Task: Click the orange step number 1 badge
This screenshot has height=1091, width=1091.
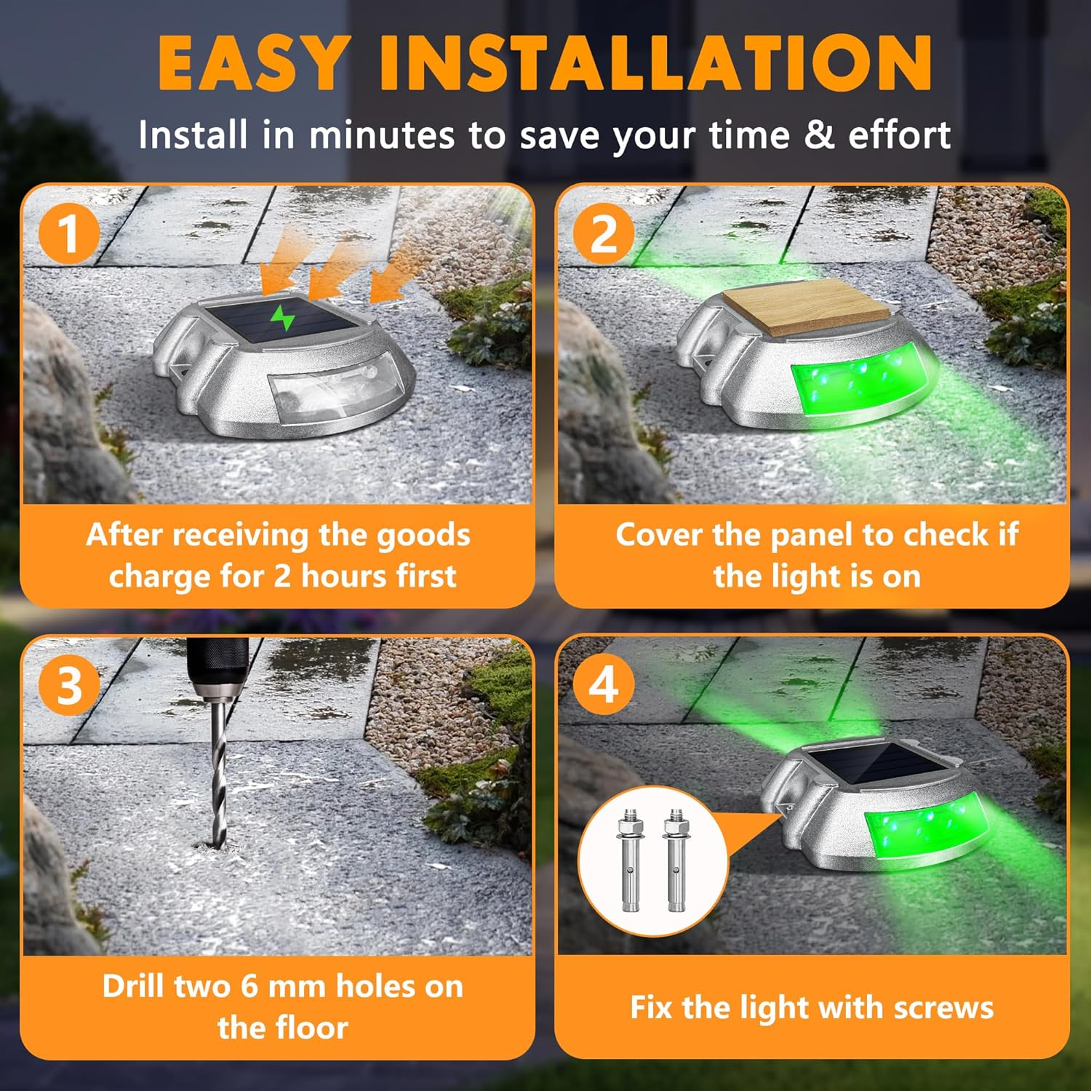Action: [x=69, y=233]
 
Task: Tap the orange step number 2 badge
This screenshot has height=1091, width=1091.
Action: [x=604, y=233]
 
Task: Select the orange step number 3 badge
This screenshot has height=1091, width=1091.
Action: [x=69, y=685]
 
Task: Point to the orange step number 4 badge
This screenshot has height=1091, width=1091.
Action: [x=604, y=685]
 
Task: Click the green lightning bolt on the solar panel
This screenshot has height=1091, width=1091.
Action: [x=282, y=318]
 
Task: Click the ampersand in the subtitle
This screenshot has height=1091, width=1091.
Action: [x=819, y=135]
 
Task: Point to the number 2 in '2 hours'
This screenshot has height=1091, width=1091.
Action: [x=282, y=577]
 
